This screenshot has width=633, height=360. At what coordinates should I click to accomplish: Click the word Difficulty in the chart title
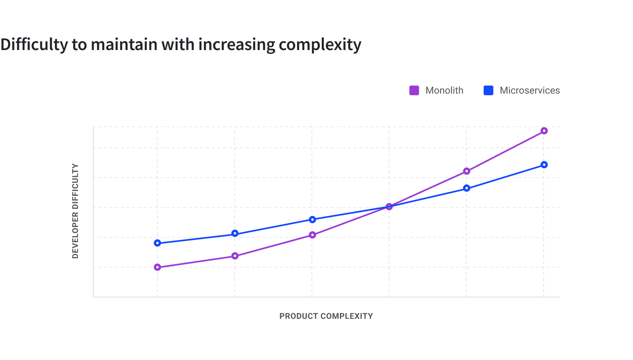(x=34, y=44)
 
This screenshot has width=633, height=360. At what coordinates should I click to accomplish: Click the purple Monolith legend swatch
(x=414, y=90)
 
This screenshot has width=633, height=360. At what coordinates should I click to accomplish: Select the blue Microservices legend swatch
(x=488, y=90)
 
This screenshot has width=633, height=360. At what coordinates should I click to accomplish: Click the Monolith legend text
(x=444, y=90)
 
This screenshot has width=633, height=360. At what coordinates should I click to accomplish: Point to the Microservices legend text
(x=530, y=90)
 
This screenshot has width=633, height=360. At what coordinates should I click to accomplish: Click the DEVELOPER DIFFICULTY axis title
(x=75, y=211)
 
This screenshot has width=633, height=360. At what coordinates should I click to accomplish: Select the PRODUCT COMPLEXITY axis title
(x=326, y=316)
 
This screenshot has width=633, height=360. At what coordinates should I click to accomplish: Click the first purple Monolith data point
(x=157, y=267)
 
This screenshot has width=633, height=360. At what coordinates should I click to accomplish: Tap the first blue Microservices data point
(x=157, y=243)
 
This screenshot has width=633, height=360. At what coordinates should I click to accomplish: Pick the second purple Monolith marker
(x=235, y=256)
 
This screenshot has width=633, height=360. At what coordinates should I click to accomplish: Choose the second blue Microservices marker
(x=235, y=234)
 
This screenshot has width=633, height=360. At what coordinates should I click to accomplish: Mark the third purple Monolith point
(x=312, y=235)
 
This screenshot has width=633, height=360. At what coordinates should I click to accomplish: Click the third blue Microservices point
(x=312, y=220)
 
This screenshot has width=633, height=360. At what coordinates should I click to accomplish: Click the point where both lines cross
(x=389, y=207)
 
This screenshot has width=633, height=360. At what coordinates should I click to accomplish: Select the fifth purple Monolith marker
(x=467, y=171)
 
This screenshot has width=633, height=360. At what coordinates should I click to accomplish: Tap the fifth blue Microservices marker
(x=467, y=188)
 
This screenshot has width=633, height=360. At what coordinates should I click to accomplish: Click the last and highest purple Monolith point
(x=544, y=131)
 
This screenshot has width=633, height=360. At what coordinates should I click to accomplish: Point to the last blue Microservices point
(x=544, y=165)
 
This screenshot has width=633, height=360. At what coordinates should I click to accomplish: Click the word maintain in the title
(x=124, y=44)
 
